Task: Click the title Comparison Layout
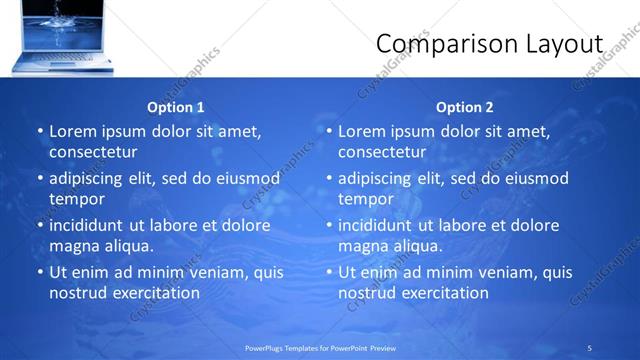pyautogui.click(x=489, y=44)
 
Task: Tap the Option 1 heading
pyautogui.click(x=176, y=107)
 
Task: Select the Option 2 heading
pyautogui.click(x=465, y=107)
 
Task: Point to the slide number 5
pyautogui.click(x=590, y=347)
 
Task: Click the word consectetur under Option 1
pyautogui.click(x=93, y=152)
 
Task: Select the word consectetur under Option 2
pyautogui.click(x=382, y=152)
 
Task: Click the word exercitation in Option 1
pyautogui.click(x=155, y=293)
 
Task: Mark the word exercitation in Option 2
pyautogui.click(x=444, y=293)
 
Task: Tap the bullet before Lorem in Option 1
pyautogui.click(x=40, y=132)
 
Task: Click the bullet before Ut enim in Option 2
pyautogui.click(x=329, y=272)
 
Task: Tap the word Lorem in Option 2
pyautogui.click(x=361, y=132)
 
